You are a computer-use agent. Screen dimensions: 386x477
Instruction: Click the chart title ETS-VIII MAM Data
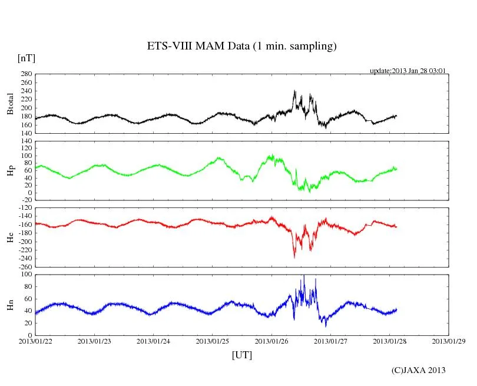pyautogui.click(x=241, y=47)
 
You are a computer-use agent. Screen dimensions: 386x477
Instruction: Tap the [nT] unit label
pyautogui.click(x=26, y=58)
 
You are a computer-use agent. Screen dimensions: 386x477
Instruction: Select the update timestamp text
pyautogui.click(x=408, y=71)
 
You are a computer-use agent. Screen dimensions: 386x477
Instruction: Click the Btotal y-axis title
pyautogui.click(x=10, y=104)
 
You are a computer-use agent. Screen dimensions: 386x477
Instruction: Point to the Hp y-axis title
pyautogui.click(x=10, y=171)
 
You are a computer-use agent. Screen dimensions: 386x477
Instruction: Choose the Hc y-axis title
pyautogui.click(x=10, y=237)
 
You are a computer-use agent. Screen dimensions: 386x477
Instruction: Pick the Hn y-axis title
pyautogui.click(x=10, y=305)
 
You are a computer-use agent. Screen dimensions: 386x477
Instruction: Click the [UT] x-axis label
pyautogui.click(x=242, y=355)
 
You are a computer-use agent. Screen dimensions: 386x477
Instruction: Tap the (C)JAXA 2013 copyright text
pyautogui.click(x=419, y=370)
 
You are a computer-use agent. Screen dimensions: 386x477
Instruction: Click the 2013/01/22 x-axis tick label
pyautogui.click(x=35, y=341)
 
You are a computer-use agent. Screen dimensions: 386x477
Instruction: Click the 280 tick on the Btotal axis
pyautogui.click(x=25, y=74)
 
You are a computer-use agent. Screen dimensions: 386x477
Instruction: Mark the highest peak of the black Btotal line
pyautogui.click(x=294, y=91)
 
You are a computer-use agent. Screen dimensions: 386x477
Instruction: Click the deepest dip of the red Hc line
pyautogui.click(x=294, y=258)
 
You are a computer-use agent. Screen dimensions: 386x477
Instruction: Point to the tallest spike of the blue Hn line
pyautogui.click(x=303, y=275)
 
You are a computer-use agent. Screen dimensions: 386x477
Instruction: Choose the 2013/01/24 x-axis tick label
pyautogui.click(x=154, y=341)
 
